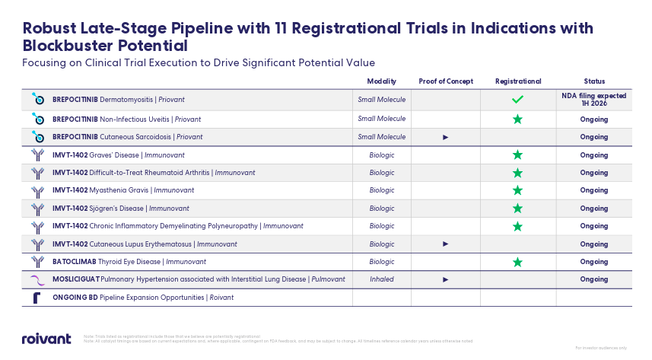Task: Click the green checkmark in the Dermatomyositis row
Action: [x=517, y=100]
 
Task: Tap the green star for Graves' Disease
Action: [x=517, y=155]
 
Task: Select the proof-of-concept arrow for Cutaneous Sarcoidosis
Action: [x=446, y=137]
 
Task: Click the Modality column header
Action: [x=381, y=81]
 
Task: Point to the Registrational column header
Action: [x=517, y=81]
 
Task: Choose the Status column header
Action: [x=594, y=81]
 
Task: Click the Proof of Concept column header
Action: [x=446, y=81]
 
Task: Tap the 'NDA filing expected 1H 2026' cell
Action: [x=594, y=100]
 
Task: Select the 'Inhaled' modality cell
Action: [x=381, y=279]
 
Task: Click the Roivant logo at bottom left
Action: [x=46, y=339]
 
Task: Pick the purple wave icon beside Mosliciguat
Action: [x=37, y=279]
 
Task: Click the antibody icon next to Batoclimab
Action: [x=37, y=262]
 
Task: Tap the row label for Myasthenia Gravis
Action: [x=122, y=190]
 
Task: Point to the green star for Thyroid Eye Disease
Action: [x=517, y=262]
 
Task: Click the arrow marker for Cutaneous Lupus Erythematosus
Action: [x=446, y=244]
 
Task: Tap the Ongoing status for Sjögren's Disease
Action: [x=594, y=208]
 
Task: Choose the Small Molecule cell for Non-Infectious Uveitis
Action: [x=381, y=119]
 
